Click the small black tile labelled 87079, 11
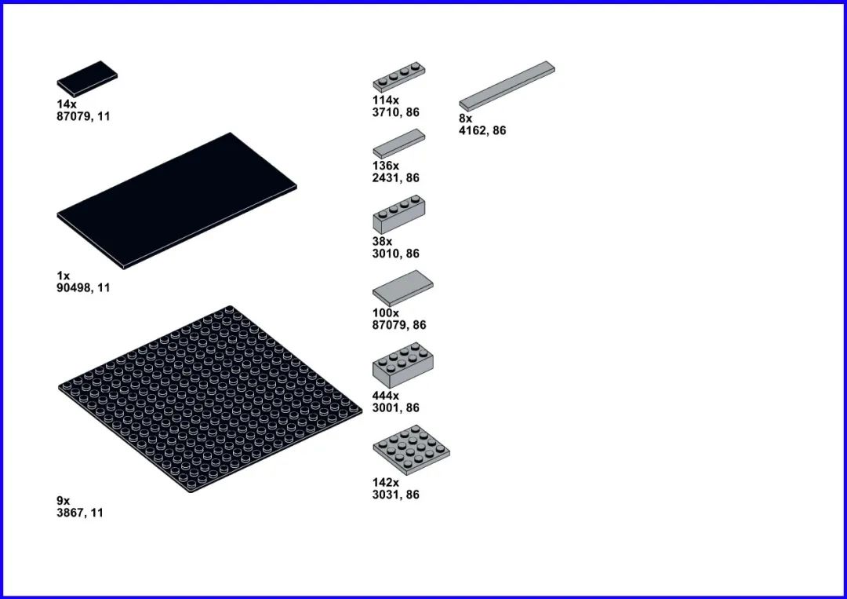click(88, 79)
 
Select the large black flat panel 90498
click(176, 200)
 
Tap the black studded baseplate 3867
click(210, 399)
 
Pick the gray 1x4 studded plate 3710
click(398, 77)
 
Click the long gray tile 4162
click(507, 86)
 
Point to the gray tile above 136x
click(398, 144)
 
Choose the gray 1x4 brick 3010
click(398, 214)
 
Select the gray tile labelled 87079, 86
click(402, 289)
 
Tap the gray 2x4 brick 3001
click(402, 365)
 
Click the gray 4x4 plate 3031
click(411, 450)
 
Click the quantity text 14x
click(67, 104)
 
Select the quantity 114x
click(386, 100)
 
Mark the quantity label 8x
click(466, 119)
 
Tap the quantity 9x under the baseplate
click(64, 501)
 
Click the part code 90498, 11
click(83, 288)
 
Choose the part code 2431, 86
click(395, 178)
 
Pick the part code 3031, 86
click(395, 495)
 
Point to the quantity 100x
click(386, 313)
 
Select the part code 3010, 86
click(395, 254)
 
